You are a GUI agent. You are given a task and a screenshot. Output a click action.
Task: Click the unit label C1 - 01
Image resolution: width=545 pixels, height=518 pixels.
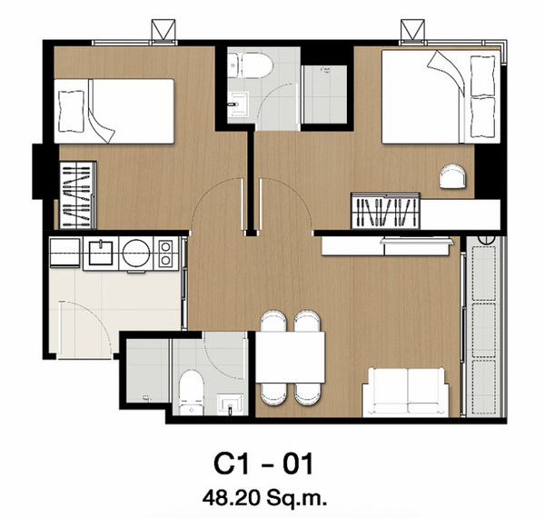coord(263,463)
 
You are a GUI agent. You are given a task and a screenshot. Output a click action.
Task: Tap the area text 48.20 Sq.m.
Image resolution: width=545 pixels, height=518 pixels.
coord(264,498)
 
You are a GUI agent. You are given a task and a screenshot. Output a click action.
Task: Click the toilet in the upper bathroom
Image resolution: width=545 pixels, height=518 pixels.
coord(251,65)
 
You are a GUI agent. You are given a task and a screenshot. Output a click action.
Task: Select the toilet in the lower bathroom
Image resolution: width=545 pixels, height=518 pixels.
coord(192,393)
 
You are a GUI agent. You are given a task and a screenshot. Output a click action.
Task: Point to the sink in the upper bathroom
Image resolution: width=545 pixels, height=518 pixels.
coord(238,104)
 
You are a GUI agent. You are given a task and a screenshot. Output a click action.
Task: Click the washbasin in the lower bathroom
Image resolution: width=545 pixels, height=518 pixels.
coord(229,404)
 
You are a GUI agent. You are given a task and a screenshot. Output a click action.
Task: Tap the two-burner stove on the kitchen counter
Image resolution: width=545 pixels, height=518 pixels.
coord(166,253)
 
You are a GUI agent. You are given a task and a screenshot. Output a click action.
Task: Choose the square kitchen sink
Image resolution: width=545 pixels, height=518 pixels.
coord(101,253)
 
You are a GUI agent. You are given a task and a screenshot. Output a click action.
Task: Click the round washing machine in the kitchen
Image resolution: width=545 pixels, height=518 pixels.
coord(136,253)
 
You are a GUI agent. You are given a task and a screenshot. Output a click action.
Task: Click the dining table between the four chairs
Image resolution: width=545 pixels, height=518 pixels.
coord(291,357)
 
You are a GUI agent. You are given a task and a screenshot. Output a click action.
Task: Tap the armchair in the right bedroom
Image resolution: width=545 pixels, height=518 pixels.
coord(453,176)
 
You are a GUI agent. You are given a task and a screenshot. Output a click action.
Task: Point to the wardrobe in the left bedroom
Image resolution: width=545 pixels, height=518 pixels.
coord(78,195)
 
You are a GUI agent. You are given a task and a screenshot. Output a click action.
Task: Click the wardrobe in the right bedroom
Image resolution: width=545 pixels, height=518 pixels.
coord(385,211)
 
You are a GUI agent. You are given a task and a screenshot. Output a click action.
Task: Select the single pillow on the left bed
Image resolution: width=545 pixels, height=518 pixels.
coord(72,111)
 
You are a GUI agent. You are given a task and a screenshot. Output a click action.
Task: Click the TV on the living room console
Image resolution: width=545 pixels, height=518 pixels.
coord(418,240)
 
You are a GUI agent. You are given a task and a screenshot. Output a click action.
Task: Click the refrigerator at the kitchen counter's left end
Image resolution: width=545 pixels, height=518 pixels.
coord(65,253)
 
